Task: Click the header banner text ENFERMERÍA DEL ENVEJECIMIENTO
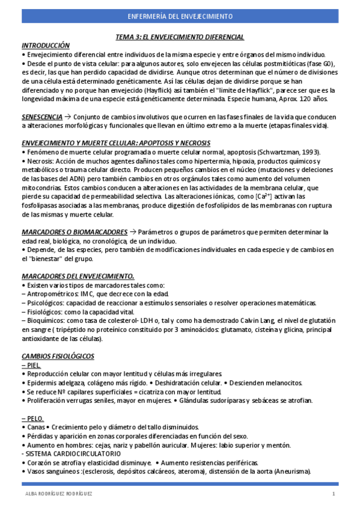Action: [x=180, y=16]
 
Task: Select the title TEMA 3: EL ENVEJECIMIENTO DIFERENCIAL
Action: [x=180, y=37]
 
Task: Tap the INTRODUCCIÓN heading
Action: [x=46, y=45]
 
